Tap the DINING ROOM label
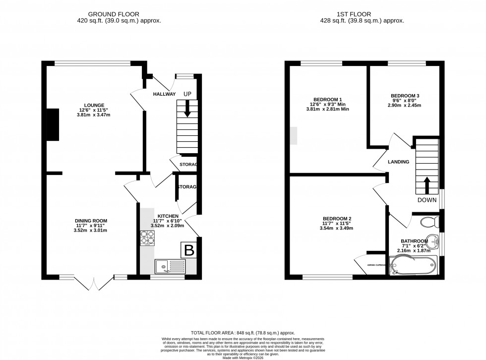(x=91, y=221)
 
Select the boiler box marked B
(x=189, y=250)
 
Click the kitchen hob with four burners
(x=148, y=238)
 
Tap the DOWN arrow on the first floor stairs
(x=426, y=186)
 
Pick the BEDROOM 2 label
(x=337, y=219)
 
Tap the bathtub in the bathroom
(x=414, y=265)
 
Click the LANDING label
(x=398, y=162)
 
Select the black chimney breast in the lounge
(x=52, y=123)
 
